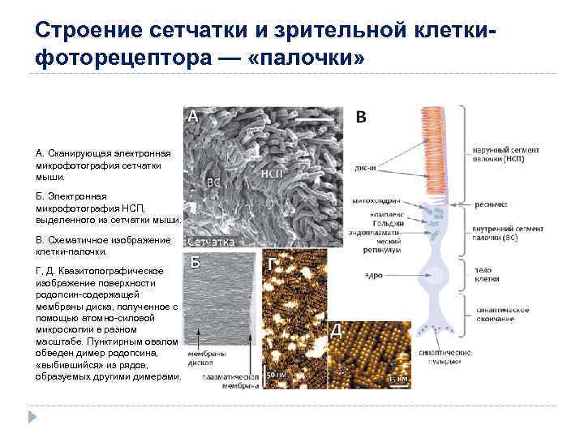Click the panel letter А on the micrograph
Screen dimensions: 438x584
(x=193, y=116)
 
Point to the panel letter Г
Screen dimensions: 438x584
(x=271, y=264)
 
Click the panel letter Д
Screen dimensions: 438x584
(x=337, y=330)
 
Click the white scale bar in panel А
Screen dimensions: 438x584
(x=314, y=119)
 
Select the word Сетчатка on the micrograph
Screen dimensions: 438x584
(x=212, y=242)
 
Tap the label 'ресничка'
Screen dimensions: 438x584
(x=490, y=204)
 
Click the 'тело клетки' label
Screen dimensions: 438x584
(x=484, y=273)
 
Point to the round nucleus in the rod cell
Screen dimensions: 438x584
(x=435, y=275)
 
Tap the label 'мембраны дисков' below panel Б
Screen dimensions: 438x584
(x=206, y=359)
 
